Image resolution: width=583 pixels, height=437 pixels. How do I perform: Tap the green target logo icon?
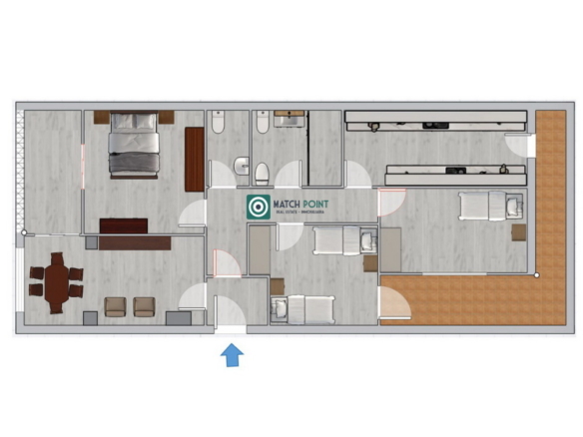(257, 207)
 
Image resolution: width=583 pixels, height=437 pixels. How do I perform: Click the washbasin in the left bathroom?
(241, 166)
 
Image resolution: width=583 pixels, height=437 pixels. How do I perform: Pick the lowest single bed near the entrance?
(299, 309)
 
